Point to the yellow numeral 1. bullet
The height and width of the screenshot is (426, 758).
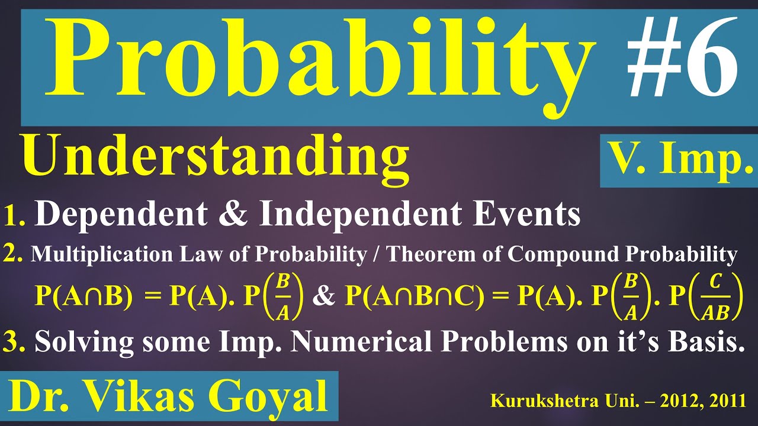tap(14, 217)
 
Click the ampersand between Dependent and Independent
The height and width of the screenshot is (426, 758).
tap(243, 215)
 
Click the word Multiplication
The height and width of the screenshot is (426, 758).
tap(97, 254)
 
